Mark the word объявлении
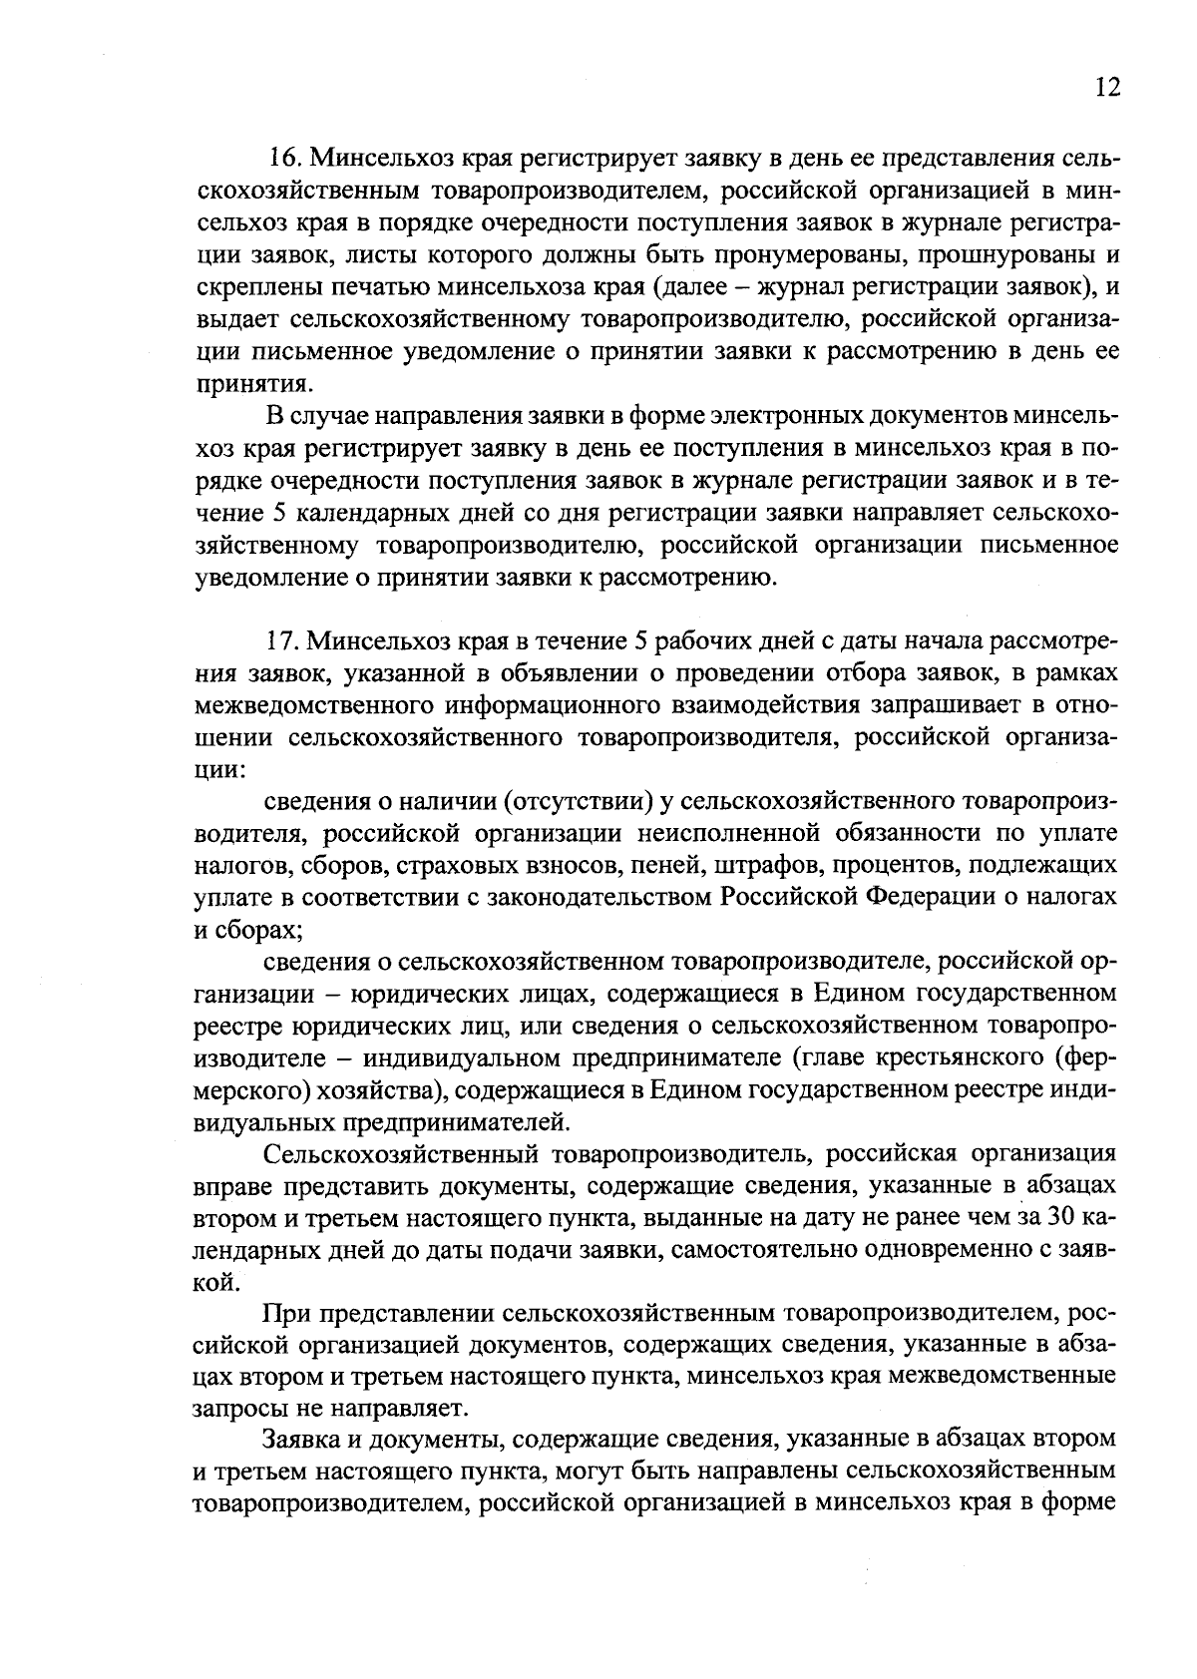[x=639, y=672]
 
